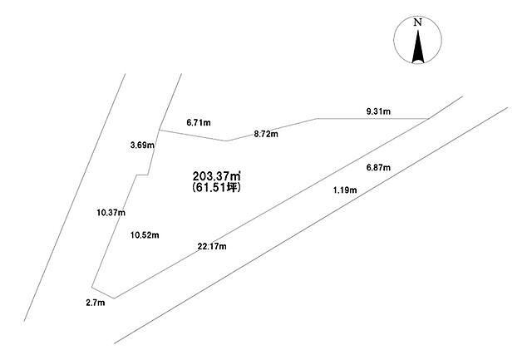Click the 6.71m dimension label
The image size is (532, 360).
tap(199, 122)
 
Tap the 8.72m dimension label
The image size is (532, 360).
tap(266, 134)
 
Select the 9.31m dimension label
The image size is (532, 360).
tap(378, 111)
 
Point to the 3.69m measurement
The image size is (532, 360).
tap(142, 145)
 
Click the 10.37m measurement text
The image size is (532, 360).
tap(111, 213)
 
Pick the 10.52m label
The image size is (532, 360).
tap(145, 234)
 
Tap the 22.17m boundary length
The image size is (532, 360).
tap(212, 246)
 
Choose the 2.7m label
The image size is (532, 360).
tap(96, 303)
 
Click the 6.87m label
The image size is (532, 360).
tap(378, 167)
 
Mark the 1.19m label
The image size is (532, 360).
tap(345, 190)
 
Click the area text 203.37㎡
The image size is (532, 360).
tap(217, 176)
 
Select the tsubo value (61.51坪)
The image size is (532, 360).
tap(216, 187)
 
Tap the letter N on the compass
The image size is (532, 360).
tap(417, 22)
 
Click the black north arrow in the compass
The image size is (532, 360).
tap(417, 47)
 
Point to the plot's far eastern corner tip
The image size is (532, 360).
tap(427, 118)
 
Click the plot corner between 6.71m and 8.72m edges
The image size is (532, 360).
tap(227, 141)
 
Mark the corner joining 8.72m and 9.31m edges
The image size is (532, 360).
tap(318, 118)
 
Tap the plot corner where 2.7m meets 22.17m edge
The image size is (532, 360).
tap(115, 298)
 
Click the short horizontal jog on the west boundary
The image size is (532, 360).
tap(142, 175)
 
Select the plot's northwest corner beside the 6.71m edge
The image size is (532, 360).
tap(160, 130)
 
